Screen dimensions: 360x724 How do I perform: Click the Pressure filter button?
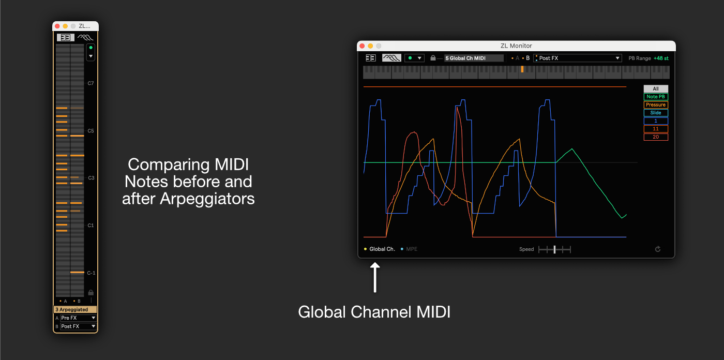pyautogui.click(x=655, y=105)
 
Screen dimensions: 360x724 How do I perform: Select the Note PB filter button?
pyautogui.click(x=655, y=97)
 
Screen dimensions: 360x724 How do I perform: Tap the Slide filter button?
pyautogui.click(x=655, y=113)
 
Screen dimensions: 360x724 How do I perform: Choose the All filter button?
pyautogui.click(x=655, y=89)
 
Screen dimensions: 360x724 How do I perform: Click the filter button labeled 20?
pyautogui.click(x=655, y=137)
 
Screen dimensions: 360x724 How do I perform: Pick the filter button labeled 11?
pyautogui.click(x=655, y=129)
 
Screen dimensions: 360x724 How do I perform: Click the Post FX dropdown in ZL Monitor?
pyautogui.click(x=577, y=58)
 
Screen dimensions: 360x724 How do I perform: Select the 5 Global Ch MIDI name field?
pyautogui.click(x=473, y=58)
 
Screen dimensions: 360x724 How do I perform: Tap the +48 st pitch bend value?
pyautogui.click(x=661, y=58)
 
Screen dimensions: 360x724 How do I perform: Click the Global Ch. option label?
pyautogui.click(x=382, y=249)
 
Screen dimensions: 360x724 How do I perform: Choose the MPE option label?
pyautogui.click(x=411, y=249)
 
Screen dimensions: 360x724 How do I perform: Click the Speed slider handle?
pyautogui.click(x=554, y=249)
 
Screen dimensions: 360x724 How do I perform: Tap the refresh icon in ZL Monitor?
pyautogui.click(x=658, y=249)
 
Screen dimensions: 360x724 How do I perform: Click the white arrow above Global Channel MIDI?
pyautogui.click(x=375, y=277)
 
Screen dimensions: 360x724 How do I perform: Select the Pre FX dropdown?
pyautogui.click(x=78, y=318)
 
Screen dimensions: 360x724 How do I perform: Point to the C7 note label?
pyautogui.click(x=90, y=83)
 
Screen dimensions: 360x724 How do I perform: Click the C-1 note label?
pyautogui.click(x=91, y=273)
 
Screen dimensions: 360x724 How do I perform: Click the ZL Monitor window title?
pyautogui.click(x=516, y=46)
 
